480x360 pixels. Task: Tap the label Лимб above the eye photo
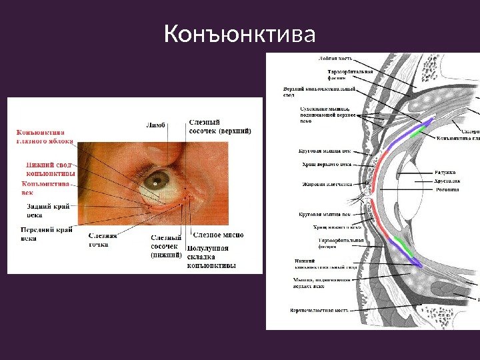[x=155, y=124]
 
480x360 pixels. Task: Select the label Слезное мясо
[x=218, y=235]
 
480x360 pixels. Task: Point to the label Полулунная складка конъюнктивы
[x=211, y=256]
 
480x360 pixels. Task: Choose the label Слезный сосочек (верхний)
[x=220, y=127]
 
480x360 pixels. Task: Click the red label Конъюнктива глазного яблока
[x=45, y=136]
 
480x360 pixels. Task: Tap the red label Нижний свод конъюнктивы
[x=50, y=169]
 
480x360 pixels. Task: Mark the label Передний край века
[x=46, y=233]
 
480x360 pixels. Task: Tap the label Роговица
[x=447, y=189]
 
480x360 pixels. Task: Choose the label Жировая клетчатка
[x=327, y=184]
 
